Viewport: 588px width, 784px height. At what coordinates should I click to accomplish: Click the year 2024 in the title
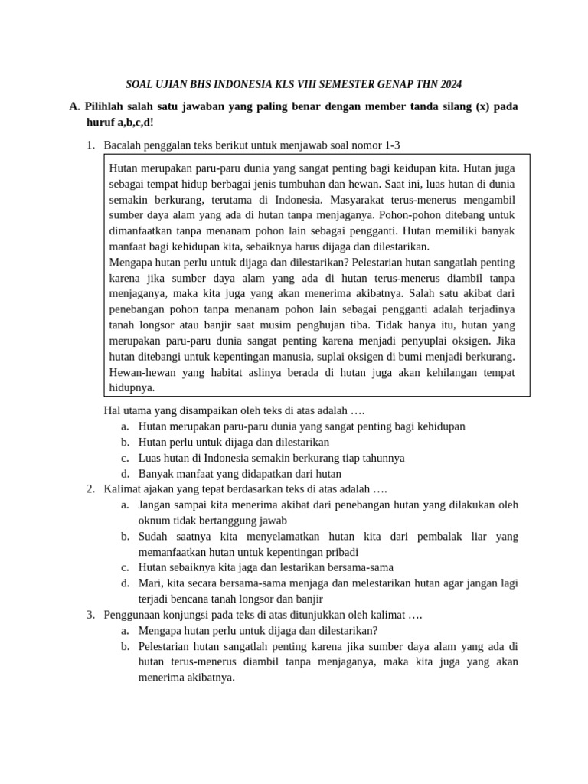pyautogui.click(x=449, y=84)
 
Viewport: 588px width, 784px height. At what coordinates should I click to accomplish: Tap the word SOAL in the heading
pyautogui.click(x=140, y=84)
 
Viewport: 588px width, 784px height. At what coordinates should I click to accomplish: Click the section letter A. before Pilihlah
pyautogui.click(x=75, y=107)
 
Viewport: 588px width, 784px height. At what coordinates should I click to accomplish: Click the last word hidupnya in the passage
pyautogui.click(x=132, y=388)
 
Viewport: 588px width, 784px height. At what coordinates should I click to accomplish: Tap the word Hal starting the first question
pyautogui.click(x=113, y=410)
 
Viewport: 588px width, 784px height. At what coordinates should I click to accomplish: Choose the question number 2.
pyautogui.click(x=90, y=488)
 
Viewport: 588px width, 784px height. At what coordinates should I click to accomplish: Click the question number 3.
pyautogui.click(x=90, y=614)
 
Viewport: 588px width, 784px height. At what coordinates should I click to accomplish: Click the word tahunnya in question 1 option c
pyautogui.click(x=381, y=457)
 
